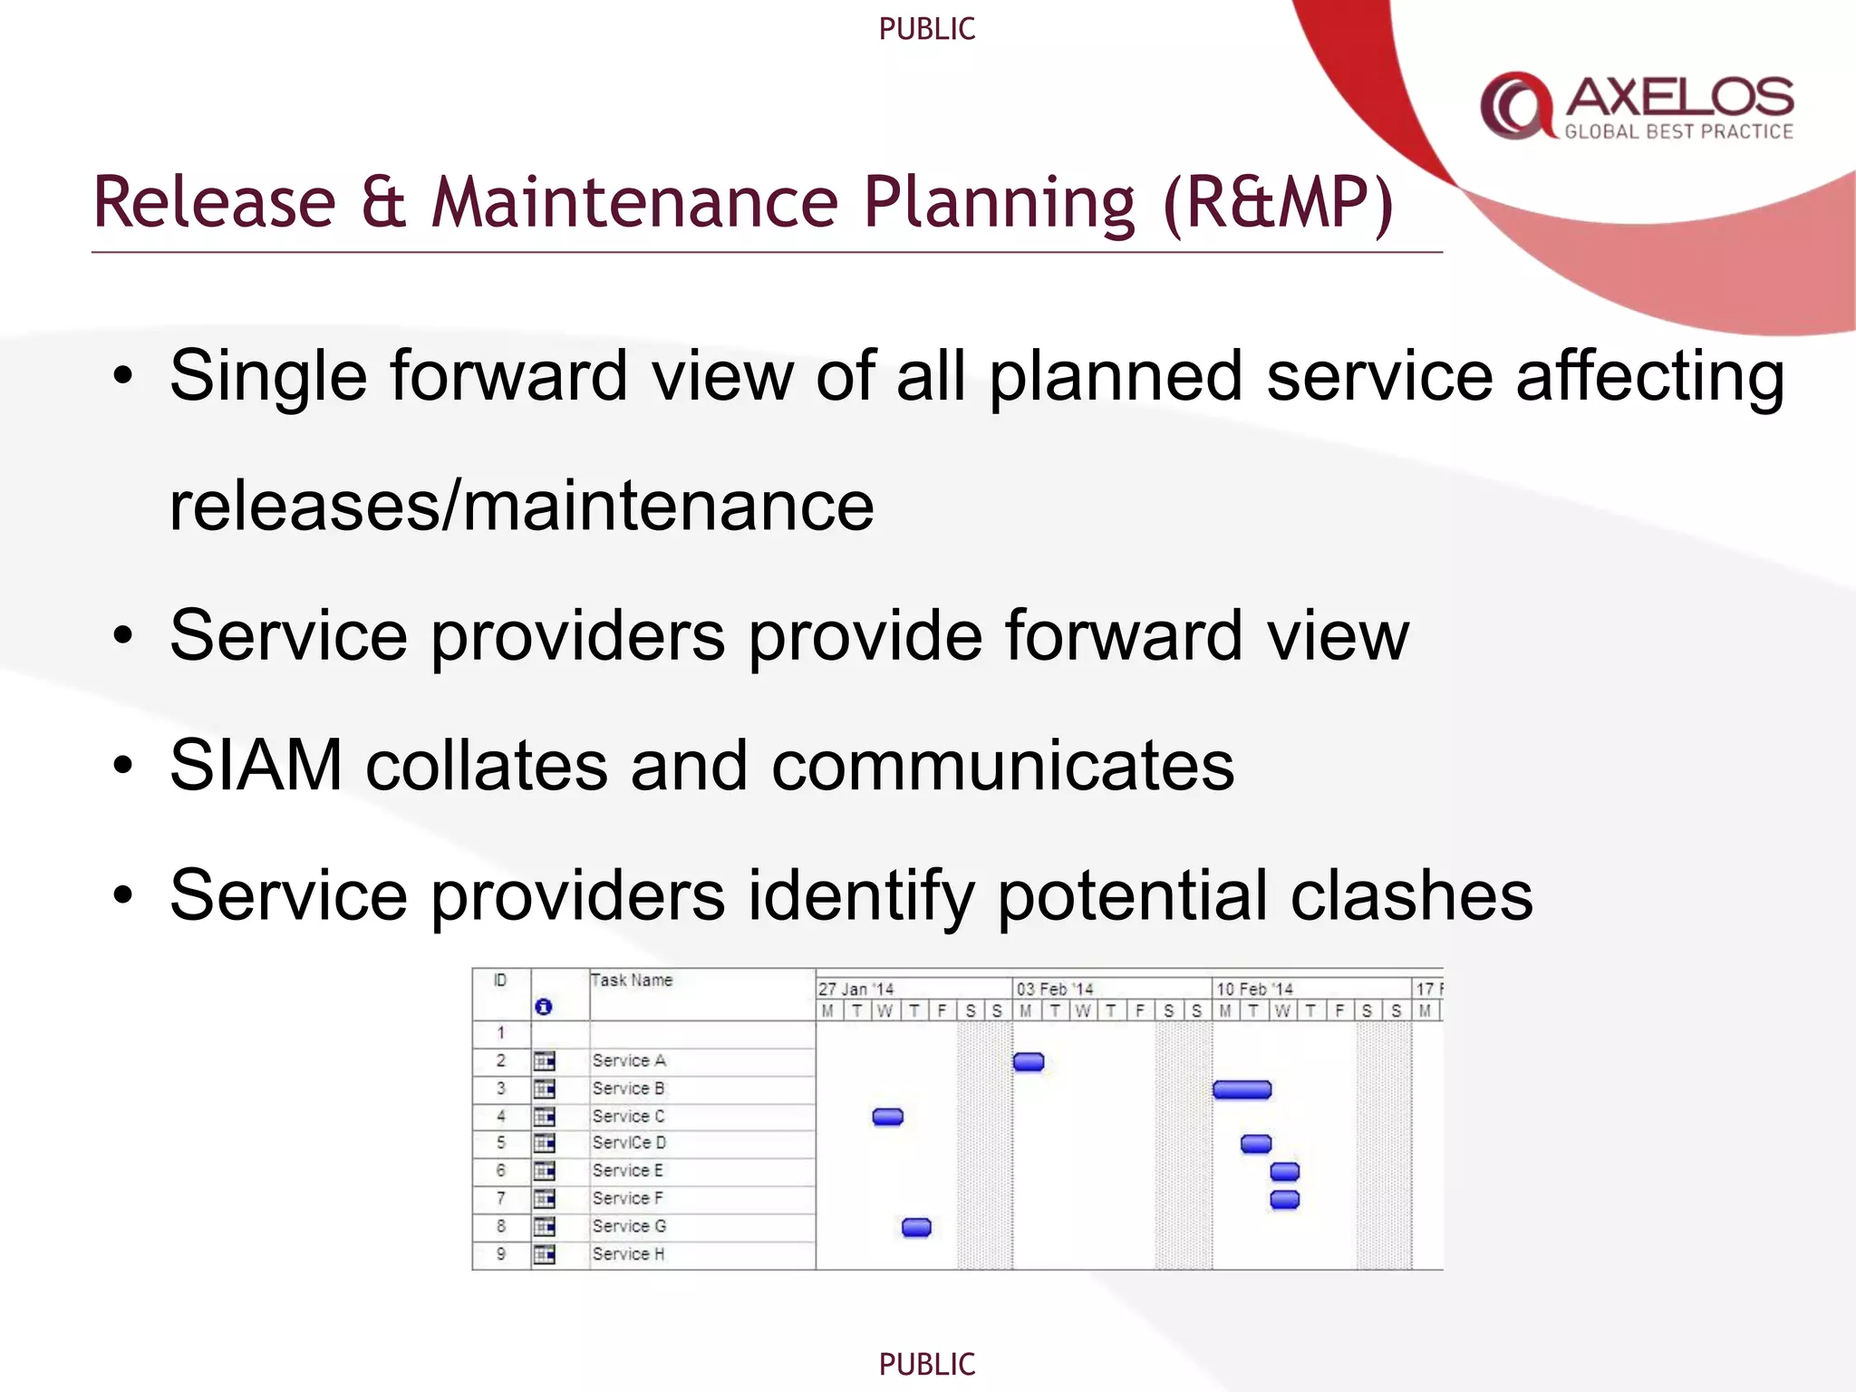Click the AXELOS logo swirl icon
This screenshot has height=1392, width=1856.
click(1515, 105)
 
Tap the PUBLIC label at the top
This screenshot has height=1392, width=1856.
click(926, 29)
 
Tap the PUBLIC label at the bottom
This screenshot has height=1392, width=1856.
click(926, 1363)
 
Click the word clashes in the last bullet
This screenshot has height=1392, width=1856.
click(1411, 895)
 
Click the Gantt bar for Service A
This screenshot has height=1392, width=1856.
click(1028, 1061)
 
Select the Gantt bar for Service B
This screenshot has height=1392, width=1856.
click(1242, 1089)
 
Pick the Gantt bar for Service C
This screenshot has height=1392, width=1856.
click(887, 1116)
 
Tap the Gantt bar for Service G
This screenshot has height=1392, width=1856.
click(916, 1227)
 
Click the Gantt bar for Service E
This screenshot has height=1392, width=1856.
click(1284, 1172)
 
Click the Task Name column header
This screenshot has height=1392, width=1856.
click(632, 981)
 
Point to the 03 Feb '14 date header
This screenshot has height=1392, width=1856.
click(1054, 989)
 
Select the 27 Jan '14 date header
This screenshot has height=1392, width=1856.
click(855, 989)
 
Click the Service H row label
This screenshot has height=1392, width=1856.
click(628, 1254)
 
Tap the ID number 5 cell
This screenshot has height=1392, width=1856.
click(500, 1143)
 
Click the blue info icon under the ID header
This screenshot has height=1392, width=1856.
click(543, 1007)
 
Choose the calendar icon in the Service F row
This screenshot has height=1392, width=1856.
click(544, 1199)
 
